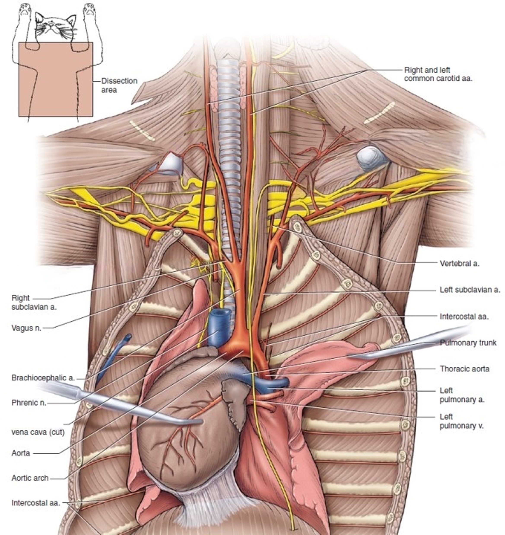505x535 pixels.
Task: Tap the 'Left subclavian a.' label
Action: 470,290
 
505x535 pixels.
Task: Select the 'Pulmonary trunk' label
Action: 468,343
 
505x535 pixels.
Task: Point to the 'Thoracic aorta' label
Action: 464,369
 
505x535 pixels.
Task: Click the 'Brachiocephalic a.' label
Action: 43,378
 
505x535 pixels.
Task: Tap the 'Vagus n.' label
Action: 26,328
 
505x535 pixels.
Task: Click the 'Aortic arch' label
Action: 30,478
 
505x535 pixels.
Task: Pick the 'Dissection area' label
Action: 119,85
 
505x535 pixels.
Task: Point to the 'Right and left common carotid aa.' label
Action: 438,74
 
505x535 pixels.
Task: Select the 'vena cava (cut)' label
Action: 38,432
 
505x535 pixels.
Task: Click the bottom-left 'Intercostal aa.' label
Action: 36,503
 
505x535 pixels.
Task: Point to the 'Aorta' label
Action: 21,453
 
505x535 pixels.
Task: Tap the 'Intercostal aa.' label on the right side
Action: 464,316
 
